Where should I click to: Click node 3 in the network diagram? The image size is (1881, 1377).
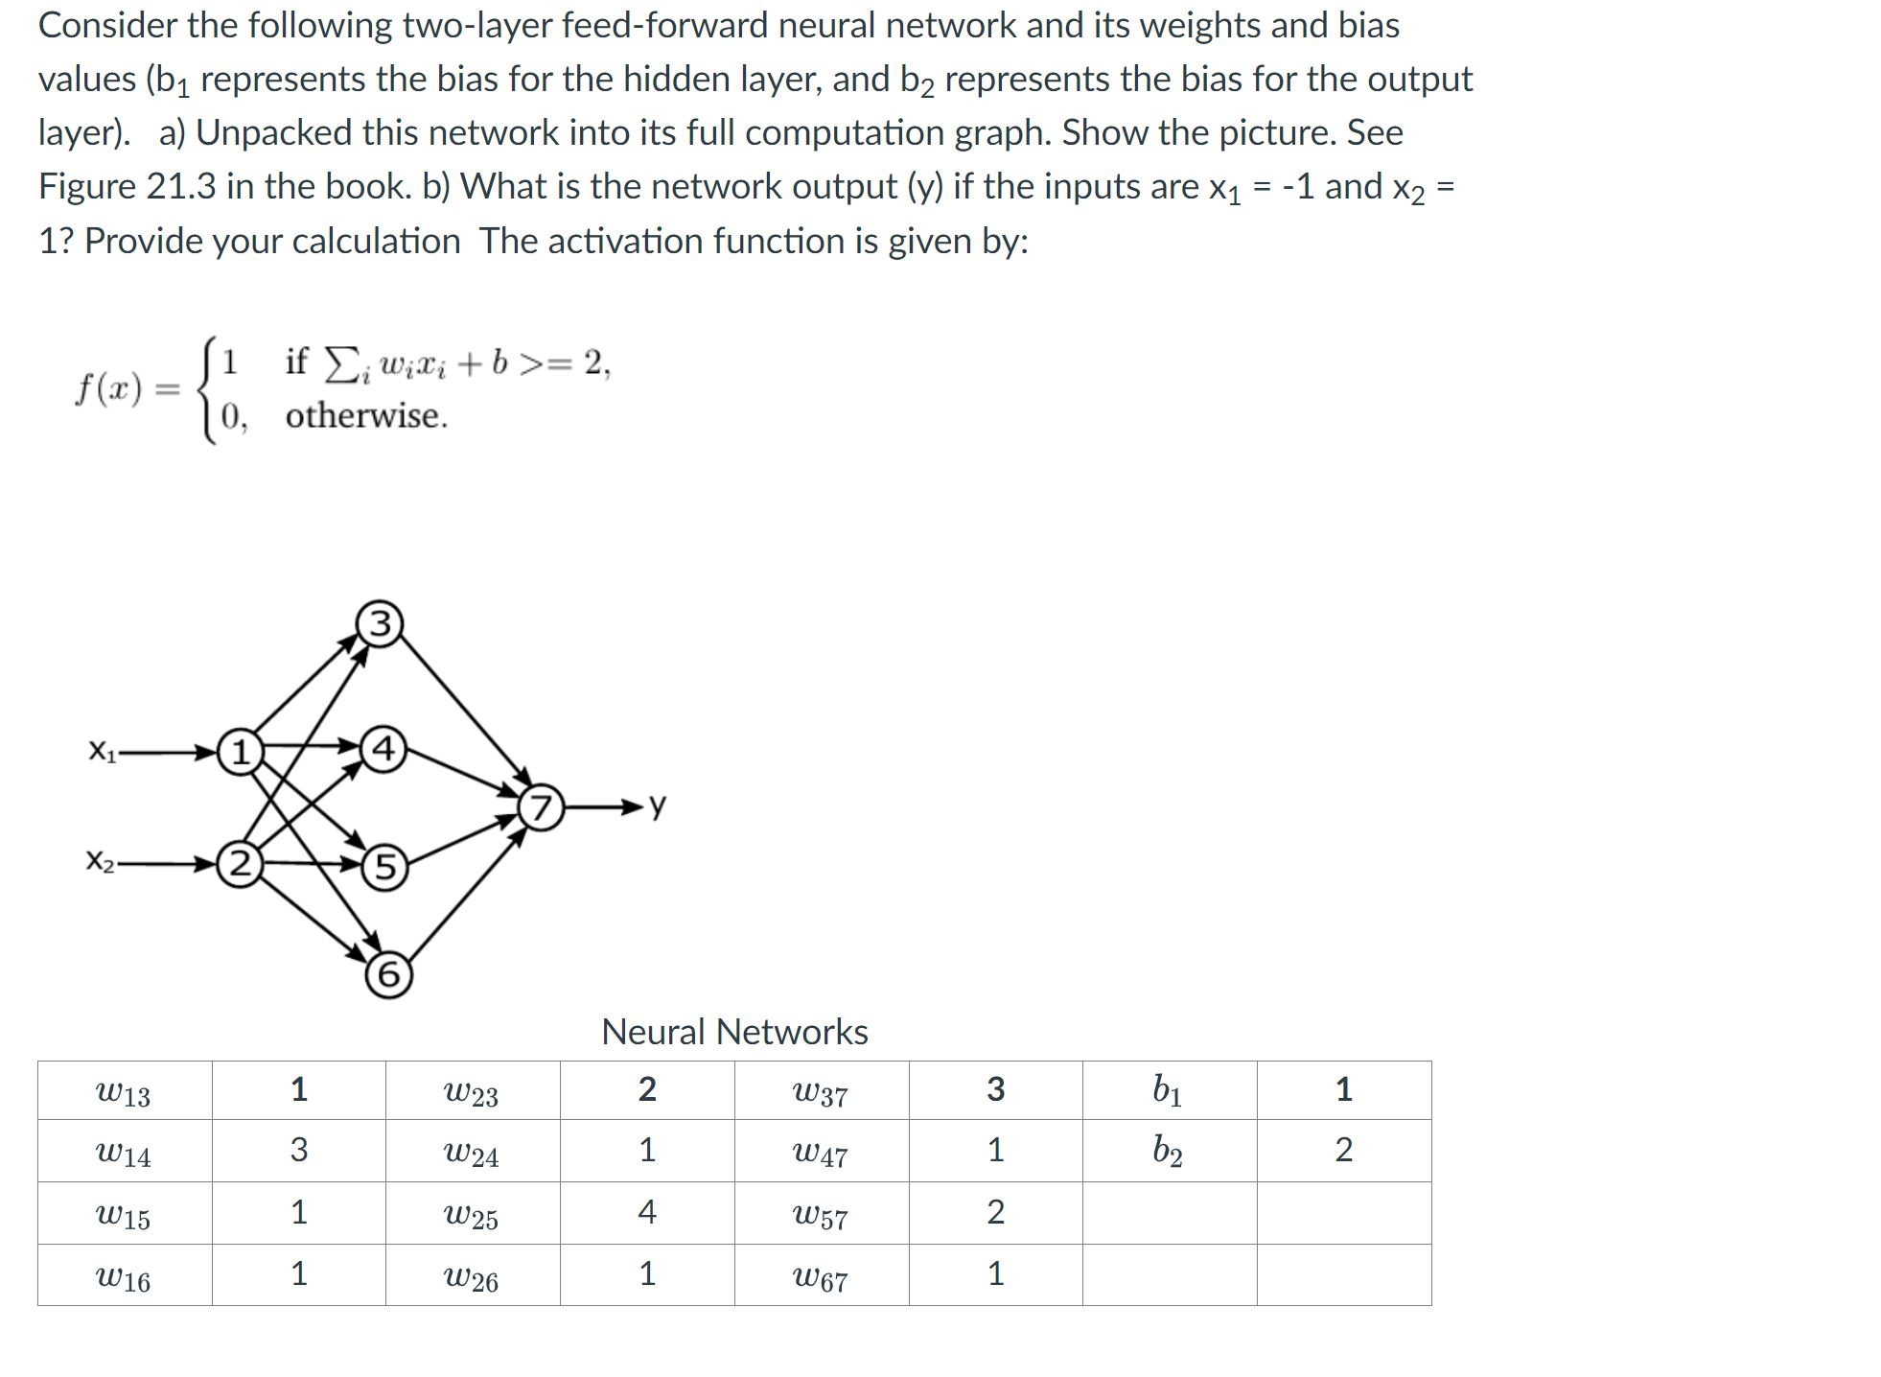click(x=380, y=624)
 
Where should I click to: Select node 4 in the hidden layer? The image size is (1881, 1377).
click(x=383, y=749)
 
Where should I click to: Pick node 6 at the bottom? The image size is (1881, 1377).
click(x=388, y=974)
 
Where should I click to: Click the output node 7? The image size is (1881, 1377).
click(x=542, y=808)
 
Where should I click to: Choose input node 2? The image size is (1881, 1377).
click(x=240, y=865)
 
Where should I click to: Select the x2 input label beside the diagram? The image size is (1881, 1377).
click(x=101, y=861)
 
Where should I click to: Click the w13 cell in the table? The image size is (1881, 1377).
click(x=124, y=1092)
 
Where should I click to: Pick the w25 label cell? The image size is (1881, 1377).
click(x=471, y=1216)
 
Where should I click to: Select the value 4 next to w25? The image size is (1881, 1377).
click(x=647, y=1212)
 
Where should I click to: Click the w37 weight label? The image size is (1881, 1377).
click(x=821, y=1092)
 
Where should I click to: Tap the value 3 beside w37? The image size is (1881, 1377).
click(x=995, y=1089)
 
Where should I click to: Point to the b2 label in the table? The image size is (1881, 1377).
click(x=1168, y=1150)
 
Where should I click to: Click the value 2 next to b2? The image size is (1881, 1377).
click(x=1343, y=1150)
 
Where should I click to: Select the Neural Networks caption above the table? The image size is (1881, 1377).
click(x=734, y=1032)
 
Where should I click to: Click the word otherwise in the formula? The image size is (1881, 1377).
click(x=366, y=416)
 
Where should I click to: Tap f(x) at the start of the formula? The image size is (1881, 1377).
click(x=109, y=389)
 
